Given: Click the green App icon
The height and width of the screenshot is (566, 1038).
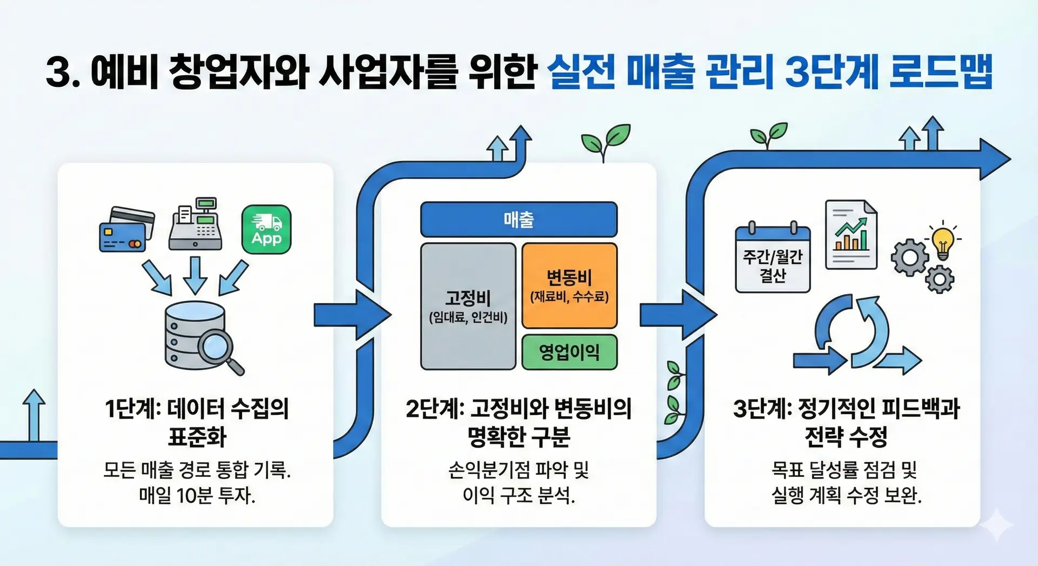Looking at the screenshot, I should (266, 229).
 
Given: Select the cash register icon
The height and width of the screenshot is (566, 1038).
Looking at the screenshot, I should (196, 224).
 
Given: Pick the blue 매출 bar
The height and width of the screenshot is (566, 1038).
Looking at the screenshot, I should (518, 219).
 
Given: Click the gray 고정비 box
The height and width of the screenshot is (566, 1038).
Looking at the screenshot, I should (468, 306).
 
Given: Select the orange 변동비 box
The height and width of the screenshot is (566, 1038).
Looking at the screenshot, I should (569, 285).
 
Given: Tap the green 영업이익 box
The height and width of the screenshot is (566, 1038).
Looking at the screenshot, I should (569, 352).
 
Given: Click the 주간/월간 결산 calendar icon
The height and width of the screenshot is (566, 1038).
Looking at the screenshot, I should (773, 258).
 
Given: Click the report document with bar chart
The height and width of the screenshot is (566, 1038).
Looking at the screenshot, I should (851, 235).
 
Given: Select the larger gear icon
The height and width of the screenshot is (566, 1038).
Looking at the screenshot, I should (910, 257).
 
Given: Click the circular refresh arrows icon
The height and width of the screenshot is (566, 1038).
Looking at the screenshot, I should (851, 330).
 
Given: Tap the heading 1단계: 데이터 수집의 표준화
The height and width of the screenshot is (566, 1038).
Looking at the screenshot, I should (197, 422).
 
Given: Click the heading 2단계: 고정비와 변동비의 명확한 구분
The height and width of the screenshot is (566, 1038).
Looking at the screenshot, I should (518, 422).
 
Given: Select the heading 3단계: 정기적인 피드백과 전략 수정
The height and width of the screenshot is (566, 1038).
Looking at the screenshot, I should (846, 422).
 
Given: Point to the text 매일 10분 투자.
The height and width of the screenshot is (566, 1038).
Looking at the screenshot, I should (197, 495).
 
